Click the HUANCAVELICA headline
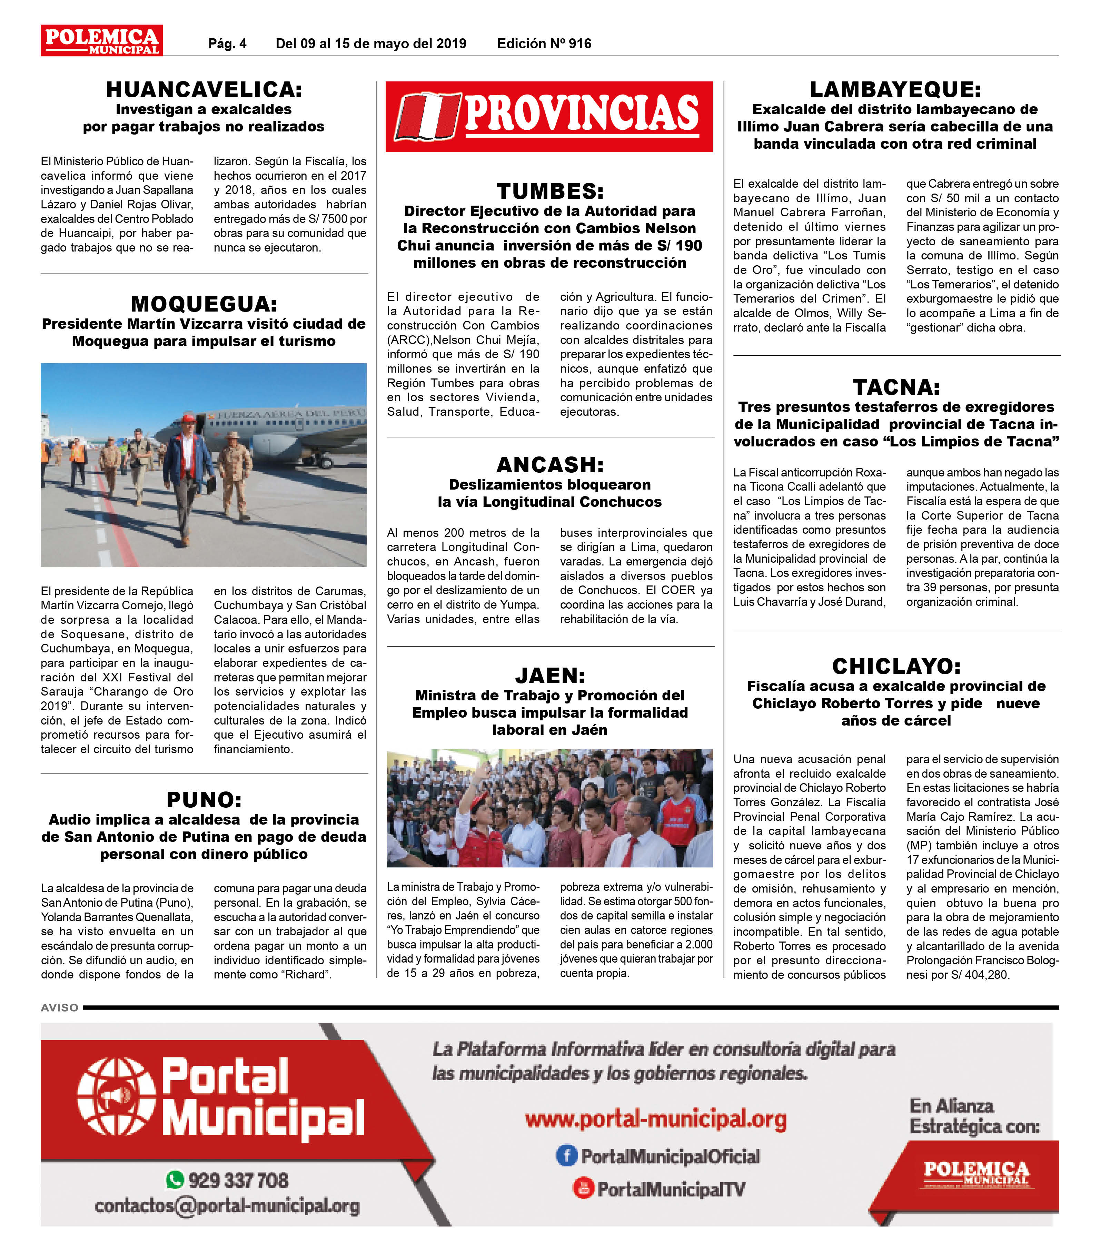tap(204, 90)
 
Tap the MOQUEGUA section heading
tap(204, 304)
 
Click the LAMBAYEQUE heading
tap(896, 90)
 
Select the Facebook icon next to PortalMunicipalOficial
tap(566, 1155)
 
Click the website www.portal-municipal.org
tap(655, 1120)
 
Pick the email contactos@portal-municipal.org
tap(227, 1206)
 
